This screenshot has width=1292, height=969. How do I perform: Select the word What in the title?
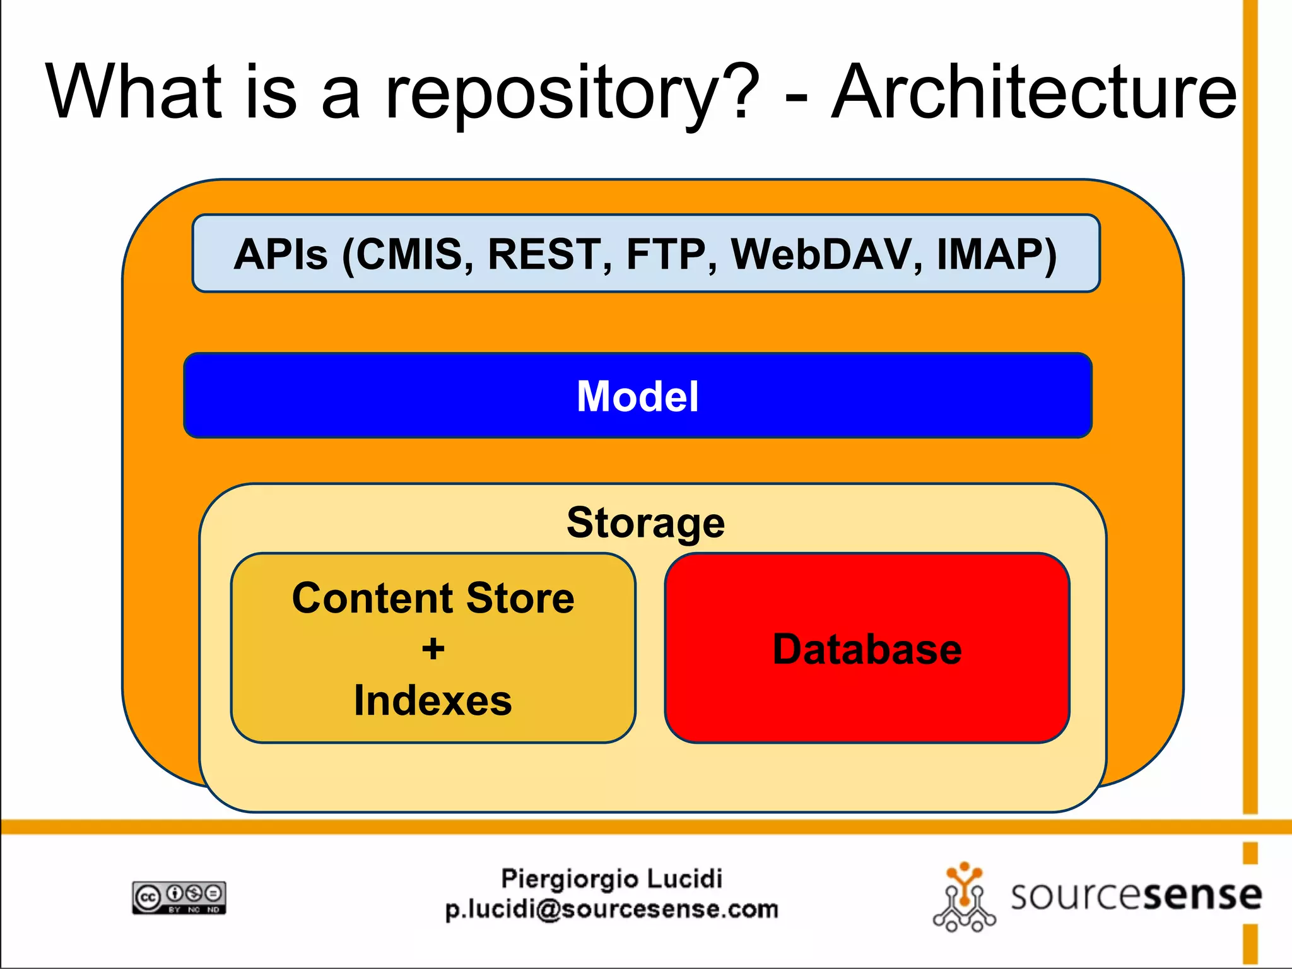point(134,92)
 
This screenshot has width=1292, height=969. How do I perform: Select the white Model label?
point(637,396)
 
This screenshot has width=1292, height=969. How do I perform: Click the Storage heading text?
point(645,522)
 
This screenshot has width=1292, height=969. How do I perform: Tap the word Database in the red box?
point(867,649)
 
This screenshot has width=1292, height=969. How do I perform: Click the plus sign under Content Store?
point(433,649)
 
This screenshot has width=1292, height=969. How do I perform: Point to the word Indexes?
point(433,700)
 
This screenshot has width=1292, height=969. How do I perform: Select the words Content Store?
point(433,597)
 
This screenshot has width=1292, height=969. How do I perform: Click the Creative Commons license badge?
point(179,897)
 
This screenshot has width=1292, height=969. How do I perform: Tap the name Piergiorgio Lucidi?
point(611,879)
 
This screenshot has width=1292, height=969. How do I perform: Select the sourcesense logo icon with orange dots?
point(963,898)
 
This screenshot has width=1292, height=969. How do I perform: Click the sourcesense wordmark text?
point(1136,896)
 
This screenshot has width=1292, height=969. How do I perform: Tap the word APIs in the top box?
point(281,254)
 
